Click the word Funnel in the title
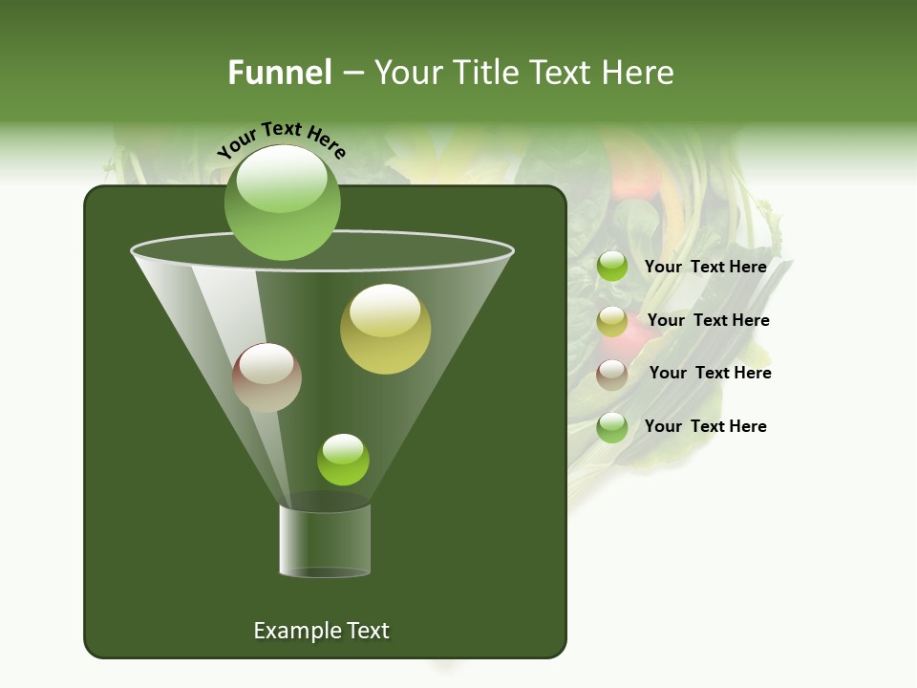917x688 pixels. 280,73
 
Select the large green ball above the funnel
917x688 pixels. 282,203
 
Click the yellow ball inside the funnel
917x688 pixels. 385,330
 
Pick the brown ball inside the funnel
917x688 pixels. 267,377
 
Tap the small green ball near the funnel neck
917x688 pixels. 343,460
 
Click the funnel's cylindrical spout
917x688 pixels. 325,540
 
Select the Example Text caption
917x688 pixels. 321,631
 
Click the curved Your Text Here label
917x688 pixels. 282,140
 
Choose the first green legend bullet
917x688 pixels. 612,267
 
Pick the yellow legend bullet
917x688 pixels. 612,321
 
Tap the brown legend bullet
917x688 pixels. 612,375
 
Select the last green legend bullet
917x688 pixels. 612,427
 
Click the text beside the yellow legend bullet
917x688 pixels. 708,320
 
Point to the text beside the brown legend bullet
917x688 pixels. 710,373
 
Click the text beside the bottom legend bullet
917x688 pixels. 705,426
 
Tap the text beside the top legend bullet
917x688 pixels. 705,267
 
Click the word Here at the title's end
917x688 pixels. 640,73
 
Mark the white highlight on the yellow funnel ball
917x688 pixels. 385,310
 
